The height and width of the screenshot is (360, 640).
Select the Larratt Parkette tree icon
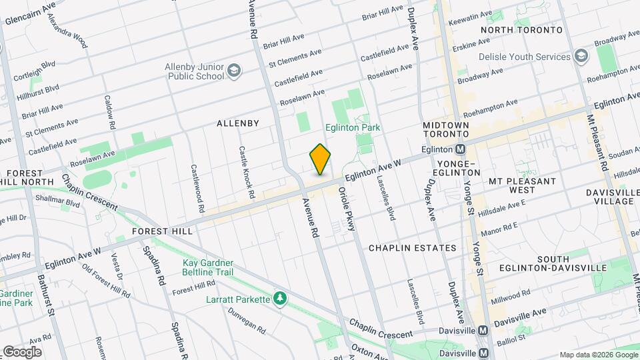(280, 298)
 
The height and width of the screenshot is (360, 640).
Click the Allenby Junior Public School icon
(233, 70)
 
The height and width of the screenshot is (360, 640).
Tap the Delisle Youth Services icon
(581, 57)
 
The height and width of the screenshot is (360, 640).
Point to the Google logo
(22, 351)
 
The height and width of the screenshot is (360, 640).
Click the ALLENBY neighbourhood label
(237, 123)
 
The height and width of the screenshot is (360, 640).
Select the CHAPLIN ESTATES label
(413, 248)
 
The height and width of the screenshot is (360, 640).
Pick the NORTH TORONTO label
(521, 31)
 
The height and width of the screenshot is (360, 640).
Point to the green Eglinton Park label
(352, 127)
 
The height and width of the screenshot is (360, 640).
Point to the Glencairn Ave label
(30, 14)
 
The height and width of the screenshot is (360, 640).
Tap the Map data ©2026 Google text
(598, 355)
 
